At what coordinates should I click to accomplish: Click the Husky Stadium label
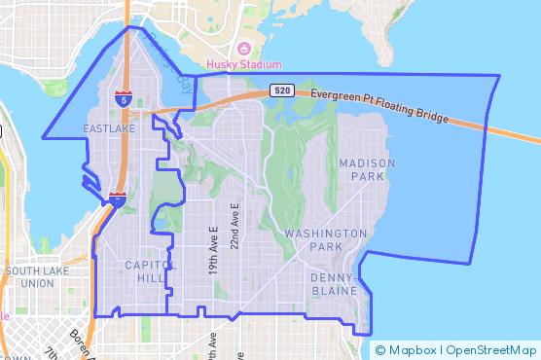[x=237, y=65]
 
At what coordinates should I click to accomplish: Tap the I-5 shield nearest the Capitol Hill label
[x=116, y=199]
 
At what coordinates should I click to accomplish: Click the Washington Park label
[x=326, y=240]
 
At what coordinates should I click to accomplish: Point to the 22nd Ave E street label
[x=234, y=227]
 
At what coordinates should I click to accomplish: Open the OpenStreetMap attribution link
[x=491, y=349]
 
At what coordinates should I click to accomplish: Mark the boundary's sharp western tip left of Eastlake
[x=43, y=136]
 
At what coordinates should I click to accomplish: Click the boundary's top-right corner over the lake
[x=499, y=76]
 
